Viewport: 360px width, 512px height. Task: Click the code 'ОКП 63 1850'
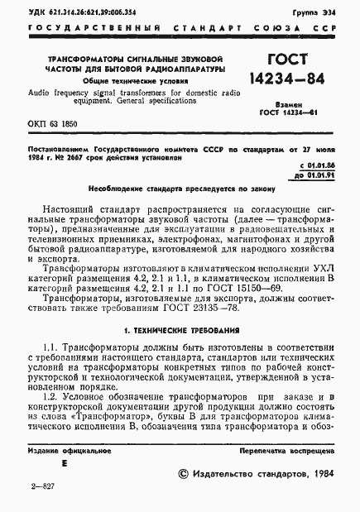(x=51, y=122)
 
